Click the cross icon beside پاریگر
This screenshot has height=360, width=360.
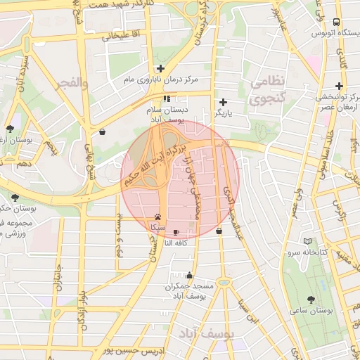(224, 102)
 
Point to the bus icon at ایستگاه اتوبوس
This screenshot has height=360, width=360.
(337, 22)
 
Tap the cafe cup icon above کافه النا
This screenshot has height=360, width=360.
(176, 231)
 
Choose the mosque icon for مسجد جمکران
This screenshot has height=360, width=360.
(188, 276)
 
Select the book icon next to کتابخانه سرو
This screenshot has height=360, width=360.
(307, 240)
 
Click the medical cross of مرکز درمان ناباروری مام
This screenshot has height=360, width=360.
(161, 69)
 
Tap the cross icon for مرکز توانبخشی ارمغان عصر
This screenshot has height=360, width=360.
(339, 86)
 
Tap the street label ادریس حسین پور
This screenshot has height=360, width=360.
(132, 349)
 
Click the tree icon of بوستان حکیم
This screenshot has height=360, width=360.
(15, 197)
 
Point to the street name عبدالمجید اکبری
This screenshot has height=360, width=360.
(233, 211)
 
